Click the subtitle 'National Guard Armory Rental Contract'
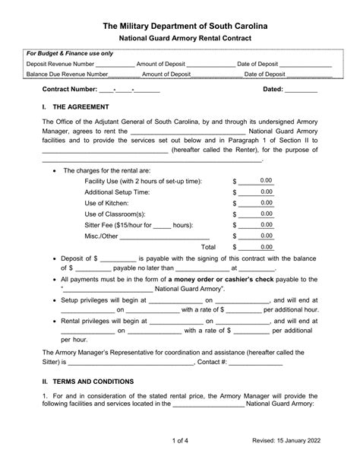coord(180,39)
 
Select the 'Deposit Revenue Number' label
coord(61,64)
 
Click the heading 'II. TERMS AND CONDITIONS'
coord(87,381)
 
